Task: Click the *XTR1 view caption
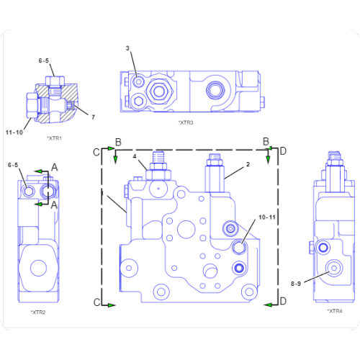pos(55,138)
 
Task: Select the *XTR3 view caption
pos(186,122)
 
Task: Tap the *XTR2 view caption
pos(38,312)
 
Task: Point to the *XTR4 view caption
pos(335,310)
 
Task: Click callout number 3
pos(127,48)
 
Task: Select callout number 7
pos(92,117)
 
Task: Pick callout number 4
pos(135,156)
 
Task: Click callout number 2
pos(248,164)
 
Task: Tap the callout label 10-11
pos(267,216)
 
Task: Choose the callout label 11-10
pos(14,132)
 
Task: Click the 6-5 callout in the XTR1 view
pos(44,61)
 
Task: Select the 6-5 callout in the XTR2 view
pos(13,166)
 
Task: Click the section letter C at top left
pos(94,151)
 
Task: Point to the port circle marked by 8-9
pos(333,269)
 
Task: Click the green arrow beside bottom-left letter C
pos(112,305)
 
